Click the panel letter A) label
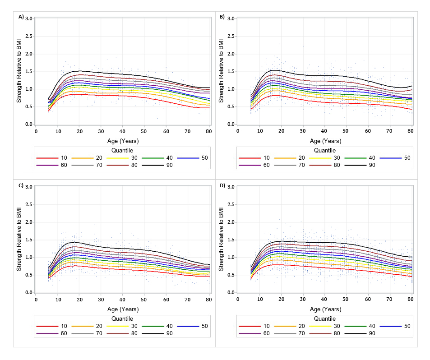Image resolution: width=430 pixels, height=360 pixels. tap(21, 17)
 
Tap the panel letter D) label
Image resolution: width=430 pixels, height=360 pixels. tap(222, 185)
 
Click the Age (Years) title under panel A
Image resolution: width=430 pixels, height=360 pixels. tap(123, 141)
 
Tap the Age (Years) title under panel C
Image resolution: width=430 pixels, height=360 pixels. tap(123, 309)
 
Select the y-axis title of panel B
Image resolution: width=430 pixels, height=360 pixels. tap(221, 71)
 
